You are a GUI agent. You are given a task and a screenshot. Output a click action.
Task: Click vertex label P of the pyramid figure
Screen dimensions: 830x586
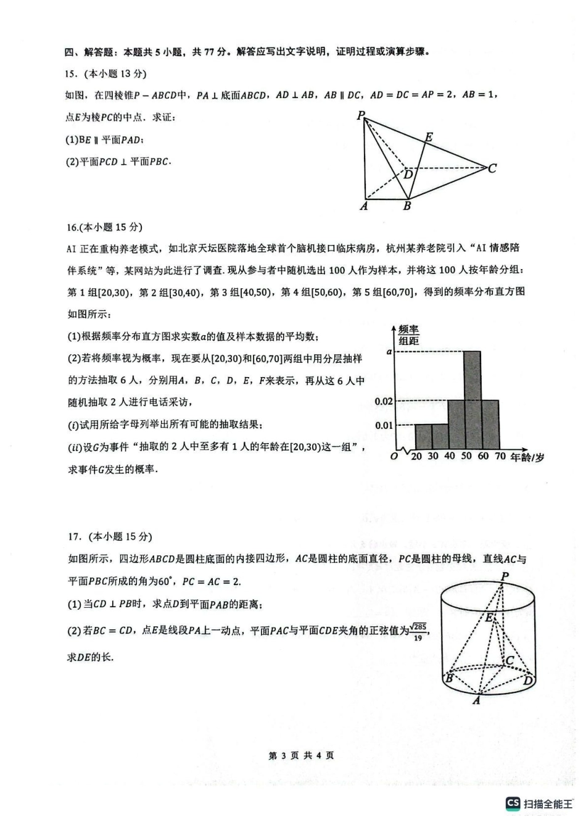[x=361, y=115]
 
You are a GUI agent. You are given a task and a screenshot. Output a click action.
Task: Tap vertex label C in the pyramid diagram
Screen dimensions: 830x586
[x=492, y=168]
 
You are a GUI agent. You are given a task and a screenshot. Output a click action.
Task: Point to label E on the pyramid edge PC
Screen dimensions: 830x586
[x=429, y=137]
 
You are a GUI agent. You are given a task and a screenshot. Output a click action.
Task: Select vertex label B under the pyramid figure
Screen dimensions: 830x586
[x=407, y=206]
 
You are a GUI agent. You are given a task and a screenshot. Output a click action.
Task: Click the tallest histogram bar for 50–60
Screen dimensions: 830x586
[x=473, y=400]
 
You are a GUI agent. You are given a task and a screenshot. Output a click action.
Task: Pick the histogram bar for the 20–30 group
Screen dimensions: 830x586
[x=423, y=436]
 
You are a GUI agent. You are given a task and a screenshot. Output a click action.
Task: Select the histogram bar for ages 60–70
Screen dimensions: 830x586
[x=490, y=425]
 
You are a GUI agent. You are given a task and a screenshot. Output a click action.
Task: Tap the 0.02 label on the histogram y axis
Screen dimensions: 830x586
[x=384, y=402]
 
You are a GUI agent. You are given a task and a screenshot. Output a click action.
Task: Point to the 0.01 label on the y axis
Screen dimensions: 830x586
[x=384, y=425]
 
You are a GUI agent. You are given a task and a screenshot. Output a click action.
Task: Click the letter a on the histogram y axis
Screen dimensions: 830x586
[x=389, y=351]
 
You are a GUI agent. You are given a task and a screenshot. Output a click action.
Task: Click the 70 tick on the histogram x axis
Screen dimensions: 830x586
[x=500, y=457]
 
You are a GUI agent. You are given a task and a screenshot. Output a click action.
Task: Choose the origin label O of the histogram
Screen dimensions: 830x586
[x=395, y=457]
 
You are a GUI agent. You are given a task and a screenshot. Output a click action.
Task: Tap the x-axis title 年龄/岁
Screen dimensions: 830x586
[x=527, y=457]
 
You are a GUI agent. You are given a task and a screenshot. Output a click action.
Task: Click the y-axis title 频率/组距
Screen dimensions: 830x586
[x=408, y=335]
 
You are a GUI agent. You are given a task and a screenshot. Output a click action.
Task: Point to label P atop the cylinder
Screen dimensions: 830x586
[x=505, y=576]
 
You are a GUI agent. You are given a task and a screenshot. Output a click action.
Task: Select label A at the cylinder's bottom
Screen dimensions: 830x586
[x=476, y=701]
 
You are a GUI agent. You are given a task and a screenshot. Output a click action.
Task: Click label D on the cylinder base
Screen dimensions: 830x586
[x=528, y=681]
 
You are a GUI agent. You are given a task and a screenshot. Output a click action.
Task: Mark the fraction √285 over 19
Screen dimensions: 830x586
[x=418, y=631]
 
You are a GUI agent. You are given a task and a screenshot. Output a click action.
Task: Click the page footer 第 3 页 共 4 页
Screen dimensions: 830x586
[x=302, y=755]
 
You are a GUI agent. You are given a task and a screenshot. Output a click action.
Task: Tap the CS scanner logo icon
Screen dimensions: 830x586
[x=513, y=803]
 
